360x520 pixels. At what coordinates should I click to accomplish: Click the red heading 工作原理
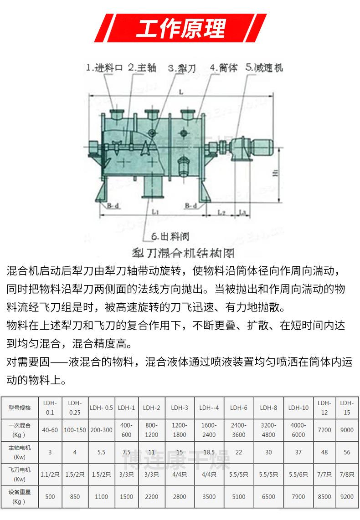tap(180, 28)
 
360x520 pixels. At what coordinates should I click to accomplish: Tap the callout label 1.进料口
tap(104, 68)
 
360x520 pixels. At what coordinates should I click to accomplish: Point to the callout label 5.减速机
tap(264, 68)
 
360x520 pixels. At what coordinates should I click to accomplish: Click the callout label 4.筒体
tap(223, 68)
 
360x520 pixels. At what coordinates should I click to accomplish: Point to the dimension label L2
tap(221, 212)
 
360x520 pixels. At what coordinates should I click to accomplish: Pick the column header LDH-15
tap(347, 408)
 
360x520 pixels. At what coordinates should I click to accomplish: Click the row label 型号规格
tap(19, 408)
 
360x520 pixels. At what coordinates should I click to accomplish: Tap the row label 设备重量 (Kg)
tap(19, 497)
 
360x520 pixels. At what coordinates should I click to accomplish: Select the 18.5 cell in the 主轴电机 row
tap(209, 452)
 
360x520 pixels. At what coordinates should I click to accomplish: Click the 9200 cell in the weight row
tap(347, 497)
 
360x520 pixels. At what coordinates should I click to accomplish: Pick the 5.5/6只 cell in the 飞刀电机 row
tap(298, 474)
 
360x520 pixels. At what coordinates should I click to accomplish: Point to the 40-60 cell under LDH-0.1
tap(50, 430)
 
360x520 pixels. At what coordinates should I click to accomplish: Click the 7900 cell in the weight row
tap(298, 497)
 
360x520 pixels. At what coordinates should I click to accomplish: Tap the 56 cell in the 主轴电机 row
tap(347, 452)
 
